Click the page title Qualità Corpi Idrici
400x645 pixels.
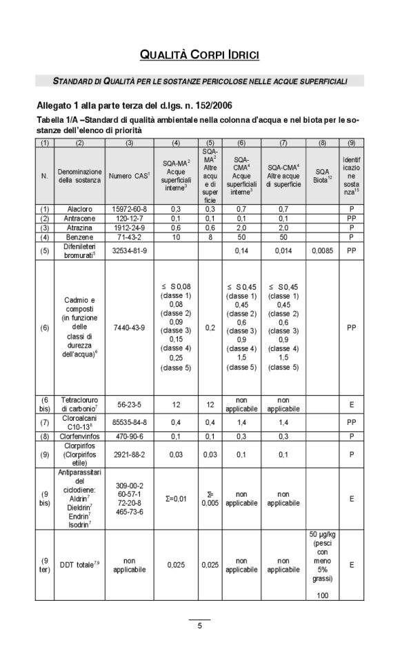(x=200, y=54)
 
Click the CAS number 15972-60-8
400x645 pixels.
(x=130, y=209)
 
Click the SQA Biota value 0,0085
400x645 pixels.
(x=323, y=250)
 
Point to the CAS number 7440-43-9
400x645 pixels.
(x=130, y=328)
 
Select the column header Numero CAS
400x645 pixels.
(x=130, y=176)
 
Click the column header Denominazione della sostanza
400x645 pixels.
(x=79, y=176)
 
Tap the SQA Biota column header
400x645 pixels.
(x=323, y=176)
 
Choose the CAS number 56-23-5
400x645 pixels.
(x=130, y=408)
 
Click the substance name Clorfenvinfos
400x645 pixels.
(x=79, y=436)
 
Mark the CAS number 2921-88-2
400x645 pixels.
(x=130, y=455)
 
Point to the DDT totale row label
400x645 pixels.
(x=79, y=565)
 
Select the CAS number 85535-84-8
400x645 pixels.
(x=130, y=422)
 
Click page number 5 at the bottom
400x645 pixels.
(x=200, y=626)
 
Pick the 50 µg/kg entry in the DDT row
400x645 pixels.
(x=323, y=535)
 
